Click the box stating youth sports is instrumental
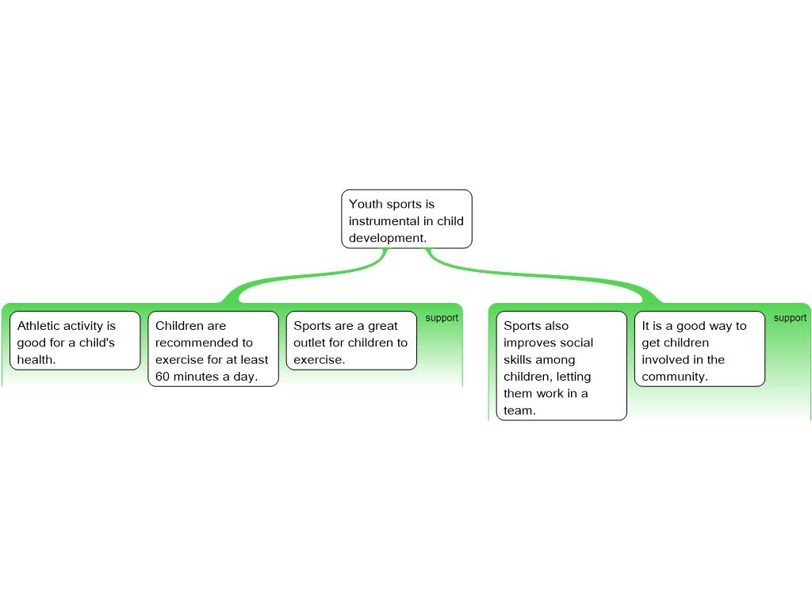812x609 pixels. pos(407,219)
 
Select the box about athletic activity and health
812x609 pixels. pos(75,341)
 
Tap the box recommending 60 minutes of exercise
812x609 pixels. pos(213,349)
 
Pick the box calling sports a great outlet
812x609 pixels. pos(351,341)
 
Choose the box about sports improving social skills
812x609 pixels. pos(561,366)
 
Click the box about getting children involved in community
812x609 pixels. pos(699,349)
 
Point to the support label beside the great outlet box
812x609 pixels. pos(442,318)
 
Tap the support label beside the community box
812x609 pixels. pos(791,318)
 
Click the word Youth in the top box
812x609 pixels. pos(365,204)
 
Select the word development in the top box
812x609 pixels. pos(387,238)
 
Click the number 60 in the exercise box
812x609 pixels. pos(162,377)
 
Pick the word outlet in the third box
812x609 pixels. pos(310,343)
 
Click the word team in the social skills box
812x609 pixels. pos(519,411)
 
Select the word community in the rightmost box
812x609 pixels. pos(675,377)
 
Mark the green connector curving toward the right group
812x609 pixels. pos(538,276)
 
